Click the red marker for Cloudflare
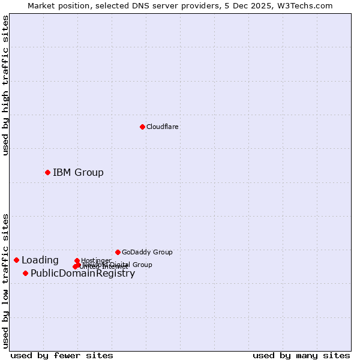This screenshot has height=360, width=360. tap(142, 127)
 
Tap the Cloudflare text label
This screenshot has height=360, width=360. tap(163, 127)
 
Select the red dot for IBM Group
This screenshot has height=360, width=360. tap(47, 172)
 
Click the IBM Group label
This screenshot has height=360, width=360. tap(78, 172)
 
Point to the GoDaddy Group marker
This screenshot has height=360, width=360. tap(118, 252)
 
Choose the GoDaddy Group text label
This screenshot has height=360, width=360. tap(147, 252)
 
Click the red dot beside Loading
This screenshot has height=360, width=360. tap(16, 260)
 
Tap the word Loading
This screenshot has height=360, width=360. tap(40, 260)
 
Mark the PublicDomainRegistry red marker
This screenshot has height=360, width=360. tap(25, 273)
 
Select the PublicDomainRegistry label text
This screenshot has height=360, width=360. tap(83, 273)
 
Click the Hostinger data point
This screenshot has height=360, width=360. tap(77, 260)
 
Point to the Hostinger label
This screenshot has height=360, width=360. tap(96, 260)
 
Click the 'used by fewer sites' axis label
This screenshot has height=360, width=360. tap(62, 355)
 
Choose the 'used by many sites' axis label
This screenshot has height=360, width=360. tap(301, 355)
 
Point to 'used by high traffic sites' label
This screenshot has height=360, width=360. tap(5, 85)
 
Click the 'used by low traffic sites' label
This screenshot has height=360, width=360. tap(5, 281)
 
